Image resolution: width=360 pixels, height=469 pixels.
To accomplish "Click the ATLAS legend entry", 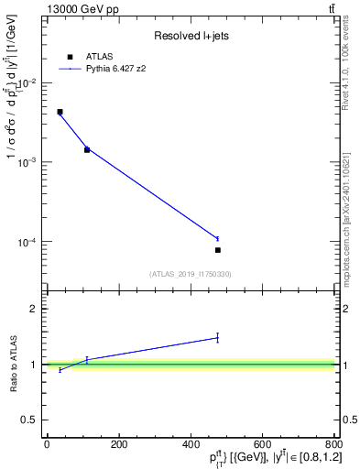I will [x=99, y=56].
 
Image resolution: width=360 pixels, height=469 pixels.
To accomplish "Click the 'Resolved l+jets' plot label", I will [x=191, y=36].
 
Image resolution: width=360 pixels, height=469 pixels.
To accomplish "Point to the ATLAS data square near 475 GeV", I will [x=218, y=250].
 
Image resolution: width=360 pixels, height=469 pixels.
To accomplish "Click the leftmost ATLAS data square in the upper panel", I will [x=60, y=112].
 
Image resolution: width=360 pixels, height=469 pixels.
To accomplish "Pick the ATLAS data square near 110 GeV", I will [x=87, y=149].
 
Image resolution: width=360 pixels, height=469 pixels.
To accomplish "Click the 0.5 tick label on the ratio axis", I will [x=31, y=420].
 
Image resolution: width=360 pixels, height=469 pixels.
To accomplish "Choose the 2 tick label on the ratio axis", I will [x=35, y=309].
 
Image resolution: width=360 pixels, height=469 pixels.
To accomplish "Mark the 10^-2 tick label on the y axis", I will [x=27, y=82].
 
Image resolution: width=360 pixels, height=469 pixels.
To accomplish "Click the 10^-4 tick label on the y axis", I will [x=27, y=243].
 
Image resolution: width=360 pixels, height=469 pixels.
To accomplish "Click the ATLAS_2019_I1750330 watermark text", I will [x=191, y=274].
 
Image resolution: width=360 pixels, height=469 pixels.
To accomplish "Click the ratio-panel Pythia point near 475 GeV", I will [x=218, y=338].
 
